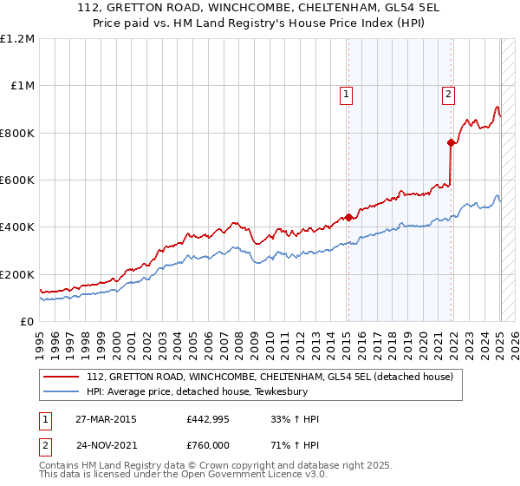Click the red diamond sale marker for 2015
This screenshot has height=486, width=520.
click(x=348, y=217)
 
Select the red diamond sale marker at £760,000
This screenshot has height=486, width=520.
click(x=452, y=142)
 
